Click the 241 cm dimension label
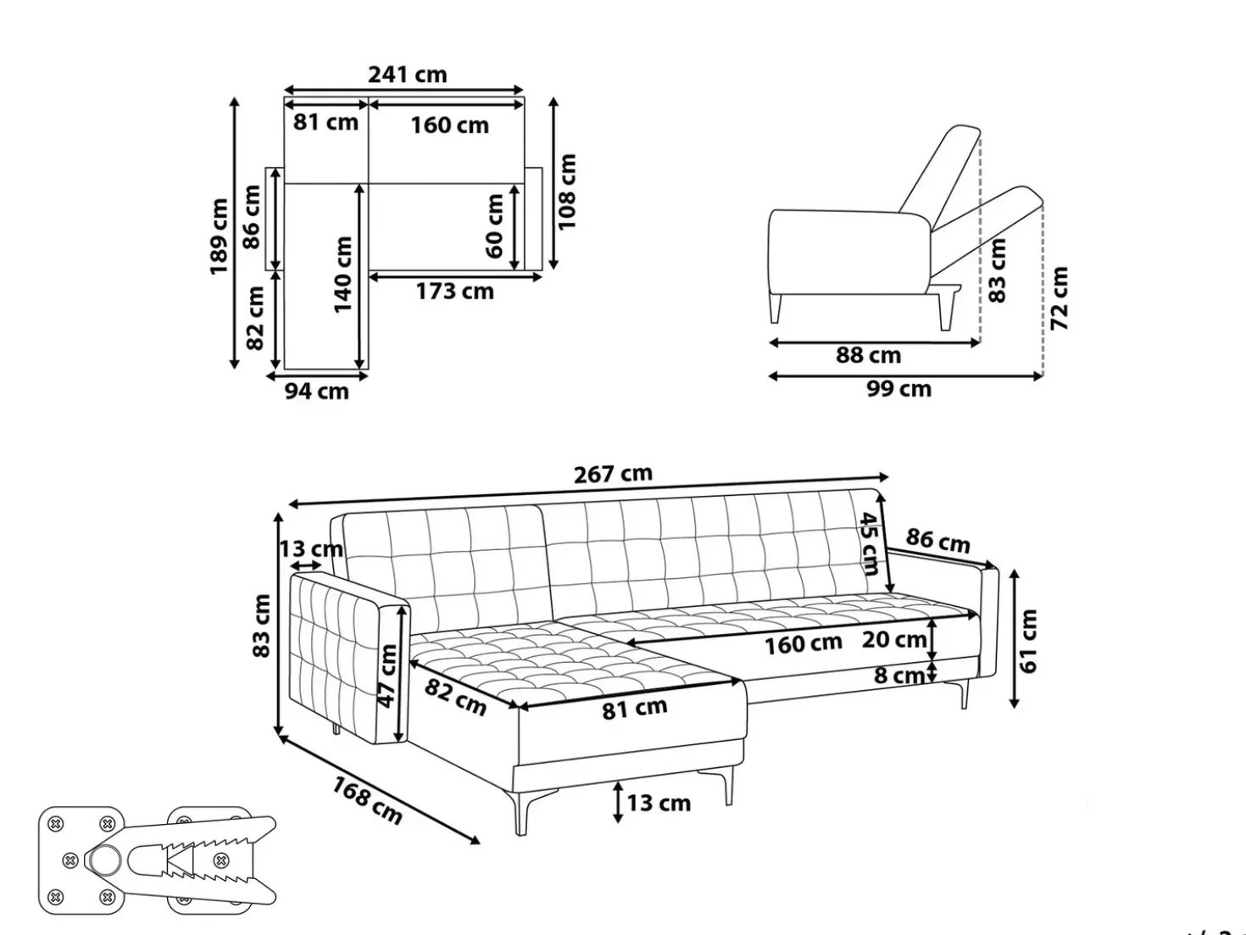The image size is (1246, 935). (408, 75)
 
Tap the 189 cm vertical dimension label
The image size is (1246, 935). (220, 236)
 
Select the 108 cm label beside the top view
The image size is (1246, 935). (567, 192)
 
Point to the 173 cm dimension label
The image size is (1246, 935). (454, 292)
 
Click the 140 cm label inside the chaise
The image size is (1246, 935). (343, 275)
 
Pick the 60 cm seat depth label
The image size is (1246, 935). (494, 225)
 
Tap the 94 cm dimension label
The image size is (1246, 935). (317, 391)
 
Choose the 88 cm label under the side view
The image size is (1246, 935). (869, 355)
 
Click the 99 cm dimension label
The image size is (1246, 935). (899, 389)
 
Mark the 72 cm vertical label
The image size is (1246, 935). (1060, 298)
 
